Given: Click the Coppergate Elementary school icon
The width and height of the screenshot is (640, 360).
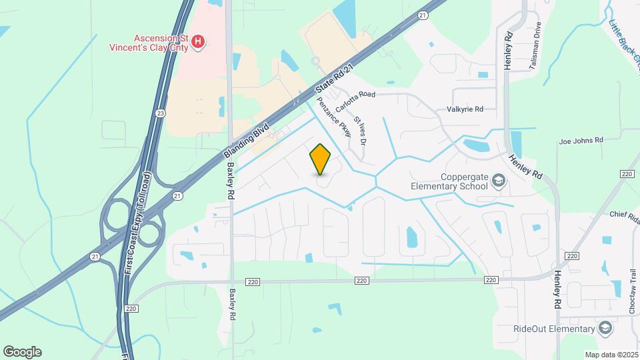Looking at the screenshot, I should (498, 181).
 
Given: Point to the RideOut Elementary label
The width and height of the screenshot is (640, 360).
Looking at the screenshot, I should (553, 329).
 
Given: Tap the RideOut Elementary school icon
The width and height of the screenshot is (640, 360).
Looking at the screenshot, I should (605, 329).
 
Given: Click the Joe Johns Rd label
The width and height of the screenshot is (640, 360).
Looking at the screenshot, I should (581, 141).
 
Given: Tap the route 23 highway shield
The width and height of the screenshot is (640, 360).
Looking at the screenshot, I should (161, 113).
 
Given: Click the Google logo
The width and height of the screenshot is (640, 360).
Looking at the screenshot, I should (22, 352).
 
